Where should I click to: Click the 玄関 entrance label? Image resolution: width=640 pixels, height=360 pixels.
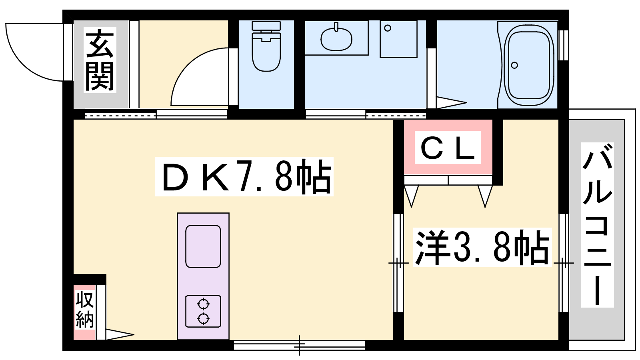tap(100, 60)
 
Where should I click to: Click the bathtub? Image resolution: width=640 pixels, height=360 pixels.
tap(528, 65)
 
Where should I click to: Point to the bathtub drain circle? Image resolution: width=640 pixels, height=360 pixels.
tap(514, 66)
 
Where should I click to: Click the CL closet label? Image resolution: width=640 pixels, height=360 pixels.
tap(448, 148)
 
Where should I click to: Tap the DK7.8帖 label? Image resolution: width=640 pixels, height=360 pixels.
tap(244, 176)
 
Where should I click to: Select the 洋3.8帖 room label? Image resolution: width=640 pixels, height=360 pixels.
tap(482, 248)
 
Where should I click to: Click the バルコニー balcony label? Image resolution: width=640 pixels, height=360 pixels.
tap(598, 225)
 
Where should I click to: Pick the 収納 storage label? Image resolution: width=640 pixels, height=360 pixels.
tap(84, 310)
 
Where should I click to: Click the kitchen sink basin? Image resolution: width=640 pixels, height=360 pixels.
tap(203, 246)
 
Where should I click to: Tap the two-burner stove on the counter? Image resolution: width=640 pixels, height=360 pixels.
tap(203, 311)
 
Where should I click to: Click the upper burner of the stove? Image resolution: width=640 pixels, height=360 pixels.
tap(203, 304)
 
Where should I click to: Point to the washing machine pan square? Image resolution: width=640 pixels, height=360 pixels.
tap(398, 40)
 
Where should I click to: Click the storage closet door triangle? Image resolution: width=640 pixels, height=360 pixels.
tap(120, 334)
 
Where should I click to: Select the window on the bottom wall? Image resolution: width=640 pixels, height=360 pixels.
tap(299, 345)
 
